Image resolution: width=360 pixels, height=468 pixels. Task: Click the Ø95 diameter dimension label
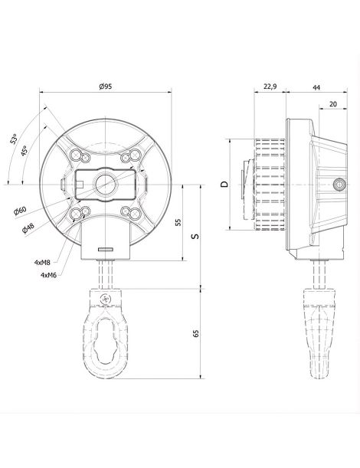pyautogui.click(x=106, y=87)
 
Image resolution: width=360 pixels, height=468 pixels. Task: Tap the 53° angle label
pyautogui.click(x=14, y=139)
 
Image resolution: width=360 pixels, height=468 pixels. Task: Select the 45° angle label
pyautogui.click(x=25, y=151)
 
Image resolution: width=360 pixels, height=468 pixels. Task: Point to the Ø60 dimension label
pyautogui.click(x=20, y=211)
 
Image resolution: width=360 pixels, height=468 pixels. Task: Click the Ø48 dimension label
pyautogui.click(x=28, y=228)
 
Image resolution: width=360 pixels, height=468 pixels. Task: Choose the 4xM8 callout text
pyautogui.click(x=42, y=263)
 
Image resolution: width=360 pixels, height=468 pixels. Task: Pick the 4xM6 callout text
pyautogui.click(x=48, y=275)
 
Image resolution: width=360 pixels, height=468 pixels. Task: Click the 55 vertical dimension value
pyautogui.click(x=178, y=222)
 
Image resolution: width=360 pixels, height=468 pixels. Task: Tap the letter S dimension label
pyautogui.click(x=195, y=236)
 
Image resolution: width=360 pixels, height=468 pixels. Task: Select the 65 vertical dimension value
pyautogui.click(x=196, y=333)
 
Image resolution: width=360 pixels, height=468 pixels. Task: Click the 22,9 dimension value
pyautogui.click(x=270, y=87)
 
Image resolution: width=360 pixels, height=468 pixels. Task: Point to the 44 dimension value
pyautogui.click(x=316, y=87)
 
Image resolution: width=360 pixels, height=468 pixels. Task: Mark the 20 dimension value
pyautogui.click(x=333, y=103)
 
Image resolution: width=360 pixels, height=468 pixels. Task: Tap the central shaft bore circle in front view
pyautogui.click(x=106, y=185)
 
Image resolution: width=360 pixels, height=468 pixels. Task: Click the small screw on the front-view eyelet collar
pyautogui.click(x=106, y=299)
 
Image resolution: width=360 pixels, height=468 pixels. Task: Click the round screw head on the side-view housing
pyautogui.click(x=339, y=184)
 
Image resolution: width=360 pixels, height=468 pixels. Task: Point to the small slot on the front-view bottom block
pyautogui.click(x=106, y=249)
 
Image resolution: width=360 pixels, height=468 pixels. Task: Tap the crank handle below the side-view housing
pyautogui.click(x=320, y=332)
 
